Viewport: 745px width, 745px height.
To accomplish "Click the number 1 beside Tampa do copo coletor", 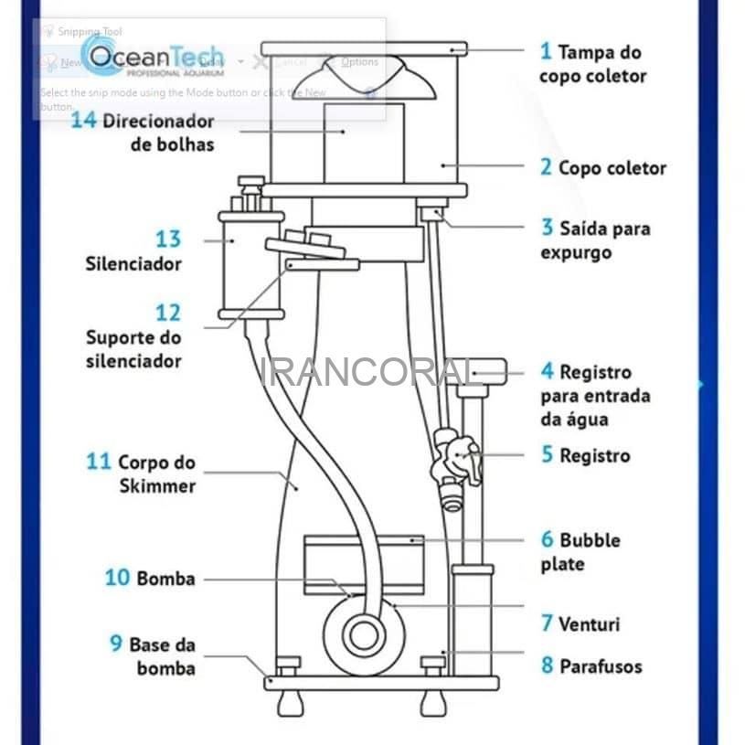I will [x=546, y=51].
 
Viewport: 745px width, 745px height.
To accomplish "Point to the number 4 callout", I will [x=547, y=372].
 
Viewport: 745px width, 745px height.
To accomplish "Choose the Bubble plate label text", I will [x=580, y=552].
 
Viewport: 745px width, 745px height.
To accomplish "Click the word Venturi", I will [x=590, y=624].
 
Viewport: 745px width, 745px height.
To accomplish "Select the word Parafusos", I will [x=601, y=666].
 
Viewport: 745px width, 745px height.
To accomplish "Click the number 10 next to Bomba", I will [x=117, y=578].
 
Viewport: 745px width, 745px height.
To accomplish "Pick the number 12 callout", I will [x=168, y=313].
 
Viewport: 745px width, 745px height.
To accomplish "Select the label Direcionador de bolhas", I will [x=157, y=133].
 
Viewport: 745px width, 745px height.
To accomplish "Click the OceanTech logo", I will [x=152, y=58].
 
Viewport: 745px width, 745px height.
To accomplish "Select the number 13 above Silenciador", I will [x=168, y=239].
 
